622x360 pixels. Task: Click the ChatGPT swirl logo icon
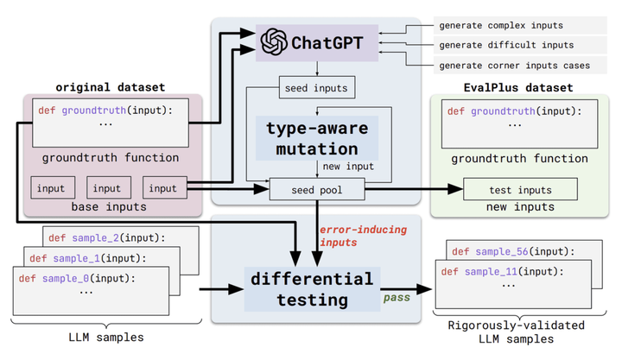tap(274, 42)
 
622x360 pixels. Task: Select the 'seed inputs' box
tap(317, 87)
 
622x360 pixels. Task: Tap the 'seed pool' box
tap(317, 190)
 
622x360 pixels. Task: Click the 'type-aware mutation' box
tap(317, 138)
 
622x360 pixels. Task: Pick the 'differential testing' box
tap(312, 289)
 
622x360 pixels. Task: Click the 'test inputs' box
tap(520, 190)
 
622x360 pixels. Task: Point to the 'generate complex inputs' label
tap(501, 25)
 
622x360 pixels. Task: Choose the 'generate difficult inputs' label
tap(506, 45)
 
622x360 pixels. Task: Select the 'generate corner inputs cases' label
tap(515, 66)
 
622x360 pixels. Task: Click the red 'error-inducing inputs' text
tap(363, 236)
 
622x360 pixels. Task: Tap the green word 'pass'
tap(397, 298)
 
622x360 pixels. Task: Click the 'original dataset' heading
tap(111, 87)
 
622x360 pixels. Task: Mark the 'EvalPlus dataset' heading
tap(518, 87)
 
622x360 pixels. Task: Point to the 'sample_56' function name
tap(502, 252)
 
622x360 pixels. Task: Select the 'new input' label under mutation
tap(348, 167)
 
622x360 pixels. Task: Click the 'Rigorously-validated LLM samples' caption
tap(516, 332)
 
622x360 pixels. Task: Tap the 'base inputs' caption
tap(109, 207)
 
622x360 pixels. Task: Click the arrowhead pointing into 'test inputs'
tap(455, 189)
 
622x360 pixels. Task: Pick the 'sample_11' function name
tap(491, 272)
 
